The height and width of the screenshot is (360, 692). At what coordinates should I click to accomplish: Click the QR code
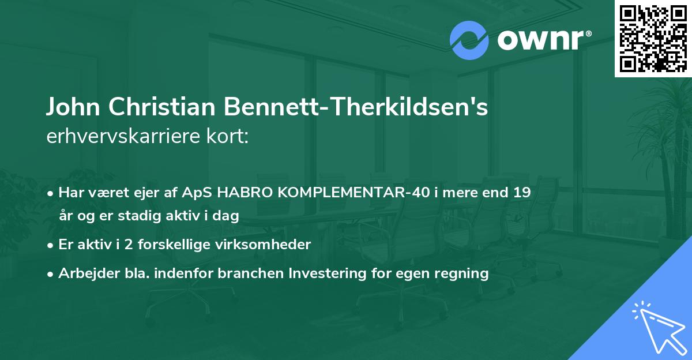click(x=653, y=39)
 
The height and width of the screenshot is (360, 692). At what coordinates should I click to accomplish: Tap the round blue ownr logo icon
click(x=469, y=40)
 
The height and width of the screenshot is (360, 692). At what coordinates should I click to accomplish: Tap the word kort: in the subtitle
click(x=231, y=137)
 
